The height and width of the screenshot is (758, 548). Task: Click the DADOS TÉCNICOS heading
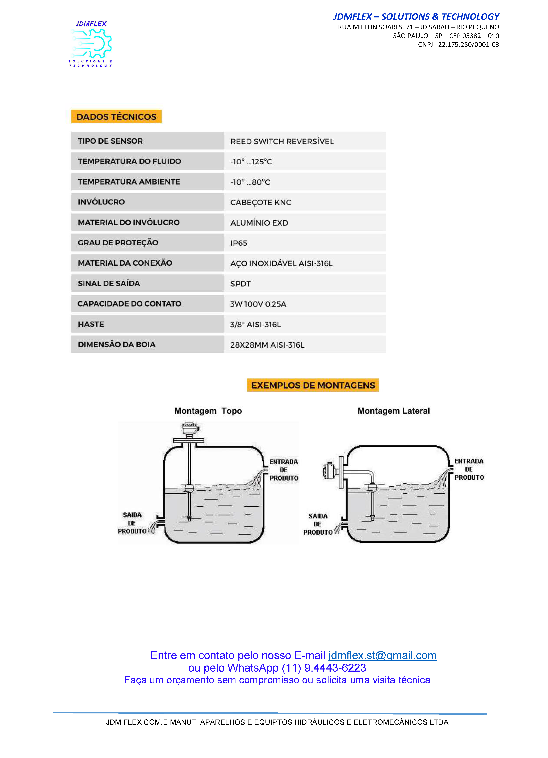(x=116, y=117)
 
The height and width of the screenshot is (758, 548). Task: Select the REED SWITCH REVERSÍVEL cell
(x=282, y=141)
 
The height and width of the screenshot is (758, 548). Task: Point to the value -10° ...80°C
(x=250, y=182)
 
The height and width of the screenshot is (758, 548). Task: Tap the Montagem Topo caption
(x=208, y=411)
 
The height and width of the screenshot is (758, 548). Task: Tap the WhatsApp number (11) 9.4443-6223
(x=324, y=668)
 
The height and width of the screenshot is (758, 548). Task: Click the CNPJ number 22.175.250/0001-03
(x=468, y=44)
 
